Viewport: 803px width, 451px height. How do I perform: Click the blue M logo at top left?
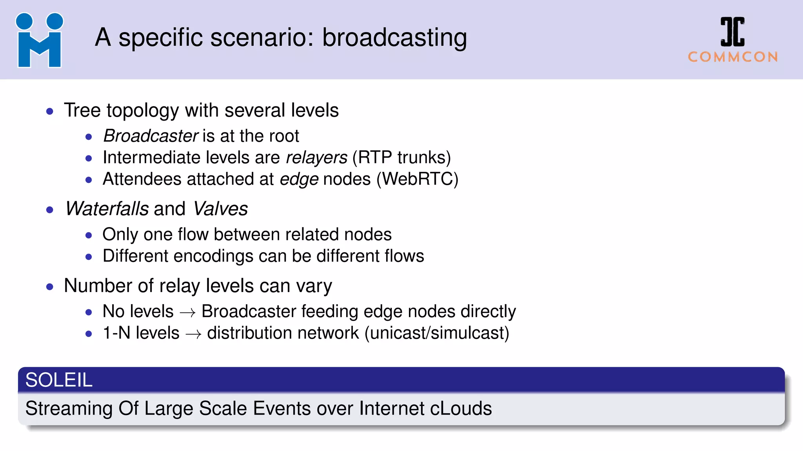(39, 40)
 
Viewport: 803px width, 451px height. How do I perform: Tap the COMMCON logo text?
(732, 57)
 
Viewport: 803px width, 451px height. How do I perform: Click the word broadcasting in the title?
(394, 38)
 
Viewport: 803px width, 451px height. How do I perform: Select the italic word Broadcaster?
(151, 136)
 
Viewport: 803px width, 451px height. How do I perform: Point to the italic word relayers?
(316, 158)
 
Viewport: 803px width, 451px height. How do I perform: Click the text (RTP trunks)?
(401, 158)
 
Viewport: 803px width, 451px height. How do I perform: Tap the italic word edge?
(299, 179)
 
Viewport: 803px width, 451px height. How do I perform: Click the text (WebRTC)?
(417, 179)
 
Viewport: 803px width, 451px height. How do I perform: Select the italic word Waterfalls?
(107, 209)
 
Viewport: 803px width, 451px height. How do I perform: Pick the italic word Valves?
(221, 209)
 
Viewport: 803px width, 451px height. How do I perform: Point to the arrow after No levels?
(187, 312)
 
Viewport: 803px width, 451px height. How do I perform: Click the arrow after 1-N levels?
(193, 334)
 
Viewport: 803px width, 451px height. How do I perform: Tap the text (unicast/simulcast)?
(437, 333)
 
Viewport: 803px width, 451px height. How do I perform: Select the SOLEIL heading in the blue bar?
(59, 380)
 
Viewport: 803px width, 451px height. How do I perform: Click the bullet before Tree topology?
(49, 112)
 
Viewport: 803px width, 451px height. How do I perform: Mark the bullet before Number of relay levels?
(49, 287)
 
